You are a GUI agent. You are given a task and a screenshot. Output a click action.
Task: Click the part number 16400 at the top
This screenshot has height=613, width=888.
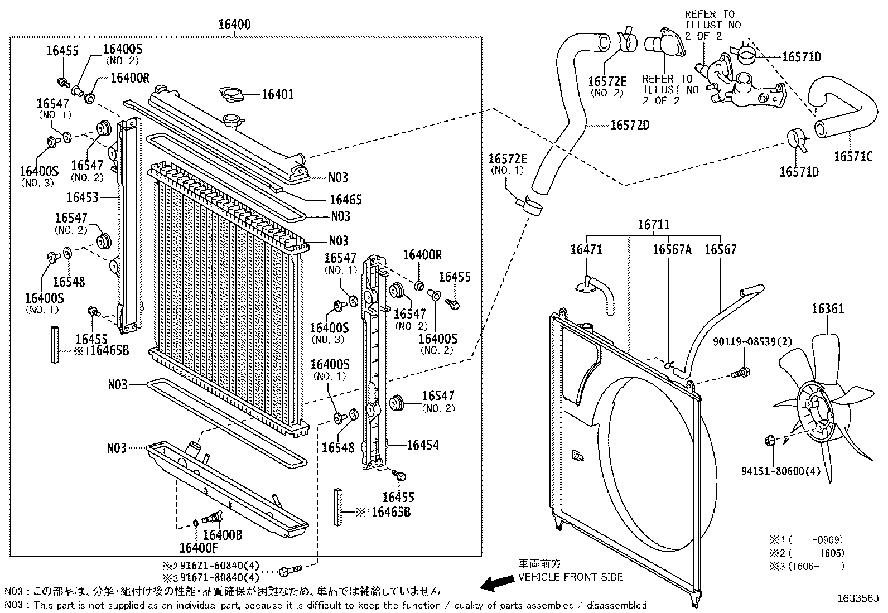(x=234, y=25)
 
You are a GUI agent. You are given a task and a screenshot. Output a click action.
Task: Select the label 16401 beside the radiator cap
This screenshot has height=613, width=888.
(x=277, y=94)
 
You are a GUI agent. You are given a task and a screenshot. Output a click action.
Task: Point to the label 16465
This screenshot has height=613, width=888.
(x=345, y=199)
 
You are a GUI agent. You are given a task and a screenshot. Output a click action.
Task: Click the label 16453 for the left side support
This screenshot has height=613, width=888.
(x=82, y=197)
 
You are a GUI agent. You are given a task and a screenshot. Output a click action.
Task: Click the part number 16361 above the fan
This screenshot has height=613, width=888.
(x=827, y=309)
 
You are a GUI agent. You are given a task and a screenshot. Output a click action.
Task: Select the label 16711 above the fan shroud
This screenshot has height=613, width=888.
(x=654, y=225)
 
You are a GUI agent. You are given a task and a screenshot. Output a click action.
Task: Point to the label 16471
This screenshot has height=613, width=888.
(x=586, y=249)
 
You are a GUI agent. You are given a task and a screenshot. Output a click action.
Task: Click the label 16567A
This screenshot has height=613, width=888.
(x=672, y=249)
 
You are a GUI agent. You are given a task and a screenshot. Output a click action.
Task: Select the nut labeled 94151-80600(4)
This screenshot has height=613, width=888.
(x=770, y=441)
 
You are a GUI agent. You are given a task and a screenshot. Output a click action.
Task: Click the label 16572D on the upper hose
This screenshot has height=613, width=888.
(x=629, y=125)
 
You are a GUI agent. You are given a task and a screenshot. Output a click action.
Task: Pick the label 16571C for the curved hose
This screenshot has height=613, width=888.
(x=853, y=157)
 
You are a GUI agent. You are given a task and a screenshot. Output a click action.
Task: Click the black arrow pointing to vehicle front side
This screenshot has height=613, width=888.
(x=498, y=583)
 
